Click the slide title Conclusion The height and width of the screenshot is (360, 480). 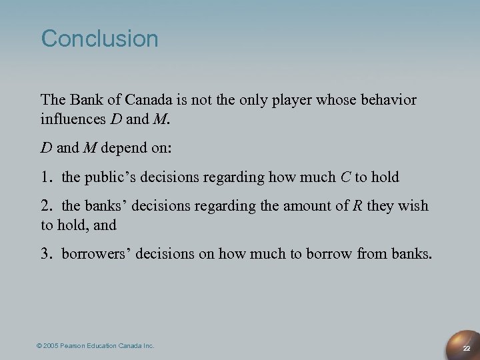click(100, 39)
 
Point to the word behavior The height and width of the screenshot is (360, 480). click(389, 100)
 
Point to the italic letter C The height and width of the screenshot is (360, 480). click(345, 177)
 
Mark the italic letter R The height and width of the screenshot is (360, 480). click(357, 206)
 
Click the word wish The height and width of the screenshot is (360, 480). click(414, 206)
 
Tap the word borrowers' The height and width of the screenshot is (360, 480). click(93, 254)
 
